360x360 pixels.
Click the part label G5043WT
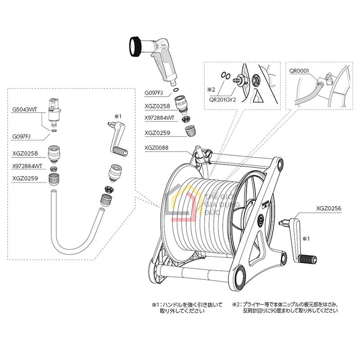tap(25, 109)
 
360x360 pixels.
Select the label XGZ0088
tap(157, 147)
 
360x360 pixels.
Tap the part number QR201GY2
tap(221, 101)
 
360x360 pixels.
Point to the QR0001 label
tap(299, 70)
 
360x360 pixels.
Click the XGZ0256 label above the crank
tap(328, 208)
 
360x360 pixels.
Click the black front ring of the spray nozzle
tap(135, 45)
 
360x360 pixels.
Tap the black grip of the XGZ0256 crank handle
tap(307, 259)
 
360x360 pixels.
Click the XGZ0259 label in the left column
tap(25, 179)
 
